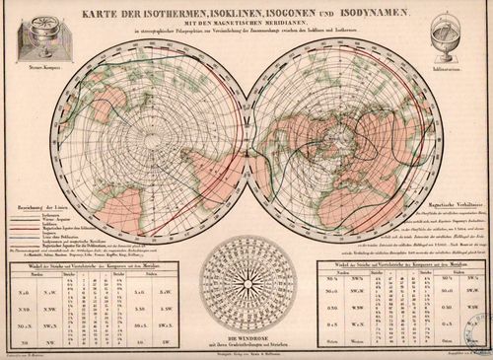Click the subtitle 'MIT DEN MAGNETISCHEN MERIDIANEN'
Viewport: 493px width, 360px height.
click(246, 25)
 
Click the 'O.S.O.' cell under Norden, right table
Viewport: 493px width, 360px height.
click(324, 318)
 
